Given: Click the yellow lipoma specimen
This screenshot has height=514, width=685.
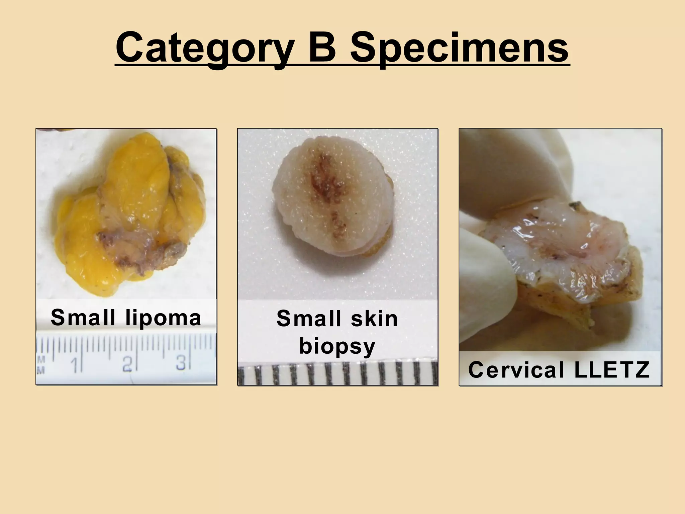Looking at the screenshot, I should pos(134,187).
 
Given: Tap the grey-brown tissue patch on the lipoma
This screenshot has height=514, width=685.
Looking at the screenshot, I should pos(140,248).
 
